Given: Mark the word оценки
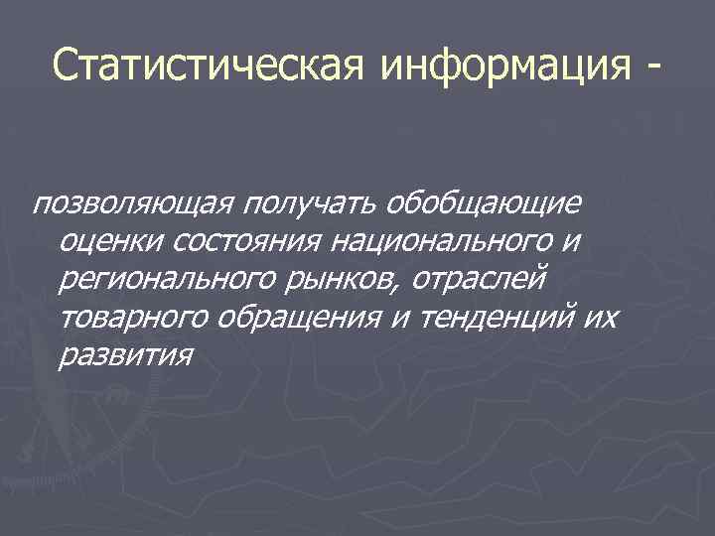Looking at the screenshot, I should (107, 241).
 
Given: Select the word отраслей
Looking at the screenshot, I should (478, 279).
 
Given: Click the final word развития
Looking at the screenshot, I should (123, 353).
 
